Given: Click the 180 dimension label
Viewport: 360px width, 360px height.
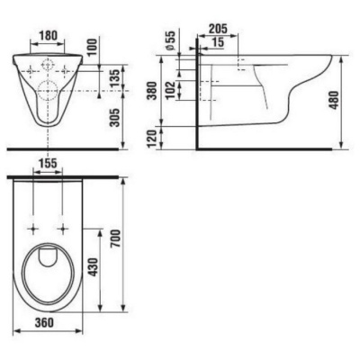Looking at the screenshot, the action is click(48, 36).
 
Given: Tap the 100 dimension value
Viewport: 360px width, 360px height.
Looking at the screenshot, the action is click(93, 48).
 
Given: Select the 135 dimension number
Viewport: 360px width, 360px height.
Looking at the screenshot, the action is click(115, 77).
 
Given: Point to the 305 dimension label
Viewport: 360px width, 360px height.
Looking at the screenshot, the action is click(115, 117).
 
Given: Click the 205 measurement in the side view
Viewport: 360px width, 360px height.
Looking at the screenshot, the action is click(218, 29).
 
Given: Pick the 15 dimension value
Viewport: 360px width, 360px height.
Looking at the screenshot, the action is click(217, 42).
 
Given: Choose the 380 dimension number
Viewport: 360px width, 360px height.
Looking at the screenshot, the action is click(152, 91).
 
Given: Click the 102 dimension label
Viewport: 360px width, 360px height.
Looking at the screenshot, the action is click(171, 91).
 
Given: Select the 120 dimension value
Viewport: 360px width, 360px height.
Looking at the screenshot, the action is click(152, 139).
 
